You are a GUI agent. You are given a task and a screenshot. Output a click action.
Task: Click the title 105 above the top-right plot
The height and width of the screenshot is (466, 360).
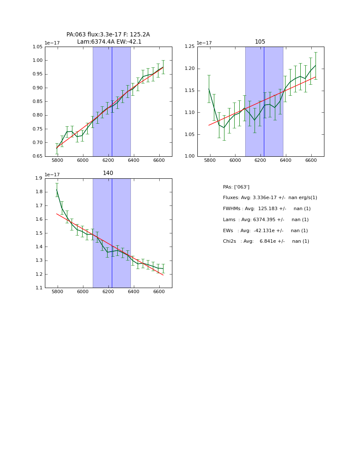(260, 42)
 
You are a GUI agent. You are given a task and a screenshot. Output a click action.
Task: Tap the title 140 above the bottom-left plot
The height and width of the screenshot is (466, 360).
(108, 173)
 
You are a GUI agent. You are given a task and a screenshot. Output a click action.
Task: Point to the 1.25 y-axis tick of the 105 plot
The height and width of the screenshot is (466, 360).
(189, 47)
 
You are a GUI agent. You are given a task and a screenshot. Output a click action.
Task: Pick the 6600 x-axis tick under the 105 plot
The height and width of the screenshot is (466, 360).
(311, 161)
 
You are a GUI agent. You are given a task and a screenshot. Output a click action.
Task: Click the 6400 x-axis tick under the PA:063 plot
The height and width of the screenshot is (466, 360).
(134, 161)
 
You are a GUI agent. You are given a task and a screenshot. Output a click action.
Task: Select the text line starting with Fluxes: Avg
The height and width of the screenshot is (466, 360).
(270, 198)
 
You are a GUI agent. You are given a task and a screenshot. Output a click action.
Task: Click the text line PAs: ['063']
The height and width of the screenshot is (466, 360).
(236, 187)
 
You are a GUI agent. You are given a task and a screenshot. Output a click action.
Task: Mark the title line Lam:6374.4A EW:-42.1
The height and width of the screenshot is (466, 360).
(109, 42)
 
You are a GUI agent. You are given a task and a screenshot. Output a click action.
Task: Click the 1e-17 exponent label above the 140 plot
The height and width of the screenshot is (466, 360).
(52, 174)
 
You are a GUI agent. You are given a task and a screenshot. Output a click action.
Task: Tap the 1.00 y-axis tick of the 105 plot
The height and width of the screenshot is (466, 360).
(189, 156)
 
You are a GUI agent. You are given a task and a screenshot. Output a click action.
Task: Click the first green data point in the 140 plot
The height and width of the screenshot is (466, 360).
(57, 190)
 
